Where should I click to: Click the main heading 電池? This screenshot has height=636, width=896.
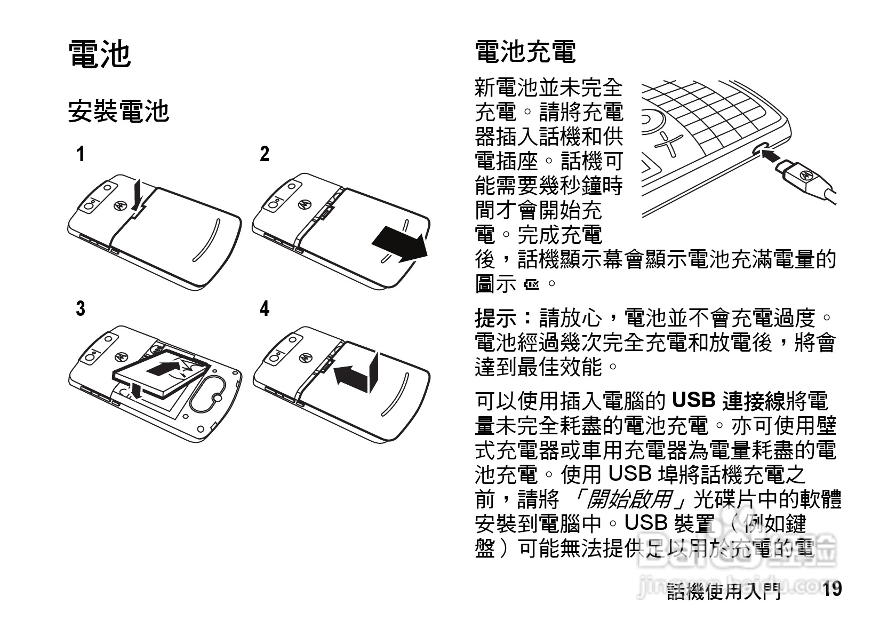point(100,54)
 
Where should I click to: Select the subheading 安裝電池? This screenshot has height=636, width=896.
point(118,111)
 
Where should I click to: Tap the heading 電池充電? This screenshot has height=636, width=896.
point(525,52)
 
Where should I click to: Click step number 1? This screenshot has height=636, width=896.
point(80,155)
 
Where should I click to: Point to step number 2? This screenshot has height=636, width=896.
point(265,155)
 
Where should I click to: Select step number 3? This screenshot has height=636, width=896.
point(80,308)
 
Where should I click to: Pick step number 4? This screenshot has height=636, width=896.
point(265,308)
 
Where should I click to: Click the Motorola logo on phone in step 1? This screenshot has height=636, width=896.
point(119,205)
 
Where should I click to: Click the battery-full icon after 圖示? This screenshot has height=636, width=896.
point(532,284)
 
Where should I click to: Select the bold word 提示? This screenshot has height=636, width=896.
point(496,319)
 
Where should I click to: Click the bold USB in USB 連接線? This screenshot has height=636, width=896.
point(693,400)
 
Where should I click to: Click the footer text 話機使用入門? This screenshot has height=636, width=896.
point(724,591)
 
